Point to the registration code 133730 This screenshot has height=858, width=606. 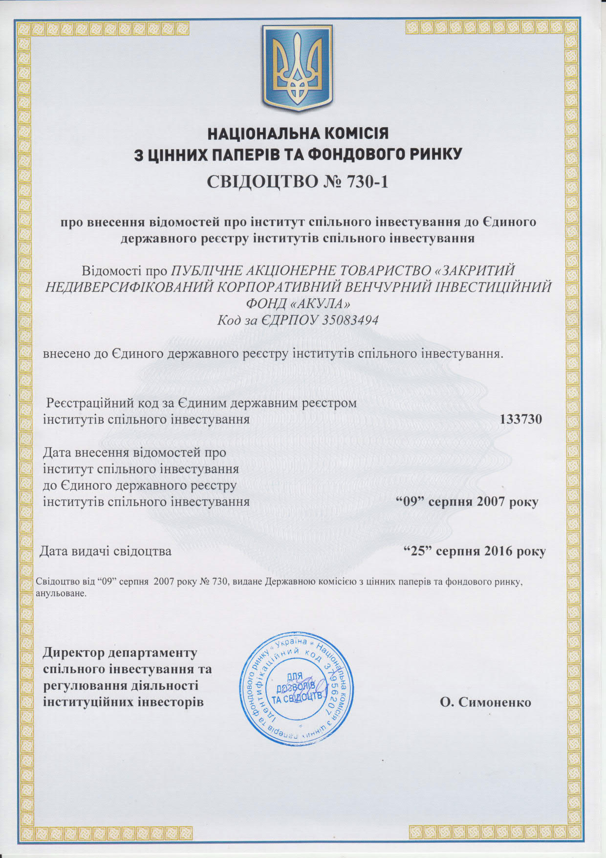coord(521,419)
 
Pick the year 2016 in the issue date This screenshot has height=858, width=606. coord(491,551)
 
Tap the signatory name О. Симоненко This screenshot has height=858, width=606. coord(485,702)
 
